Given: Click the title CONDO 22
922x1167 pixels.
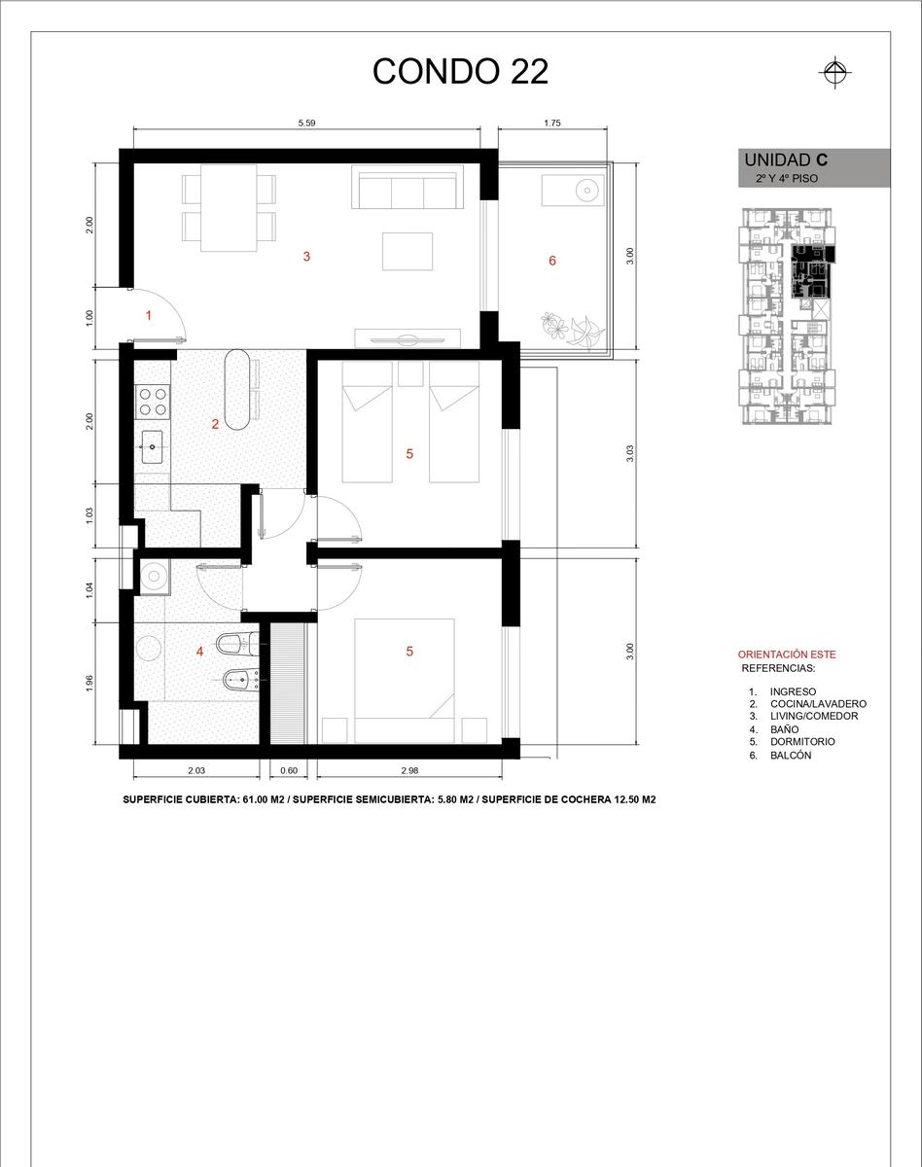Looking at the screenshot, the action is tap(460, 71).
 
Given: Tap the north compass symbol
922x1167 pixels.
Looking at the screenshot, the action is tap(835, 72).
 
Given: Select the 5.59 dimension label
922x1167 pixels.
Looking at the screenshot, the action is tap(306, 124).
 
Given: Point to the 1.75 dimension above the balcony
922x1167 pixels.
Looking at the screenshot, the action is tap(552, 124).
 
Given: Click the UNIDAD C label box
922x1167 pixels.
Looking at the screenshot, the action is tap(814, 168).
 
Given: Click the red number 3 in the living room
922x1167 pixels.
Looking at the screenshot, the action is tap(306, 257).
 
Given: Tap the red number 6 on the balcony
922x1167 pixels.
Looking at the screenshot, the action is tap(552, 261).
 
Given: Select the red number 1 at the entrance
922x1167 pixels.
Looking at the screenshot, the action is tap(149, 316).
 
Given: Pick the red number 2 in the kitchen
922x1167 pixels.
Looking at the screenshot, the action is tap(215, 424).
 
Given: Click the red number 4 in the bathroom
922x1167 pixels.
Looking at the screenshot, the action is tap(199, 652).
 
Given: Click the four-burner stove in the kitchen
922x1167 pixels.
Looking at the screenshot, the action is tap(153, 402).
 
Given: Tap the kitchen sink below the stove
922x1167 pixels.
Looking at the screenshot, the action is tap(152, 446).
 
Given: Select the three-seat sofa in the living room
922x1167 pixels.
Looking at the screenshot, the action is tap(408, 187).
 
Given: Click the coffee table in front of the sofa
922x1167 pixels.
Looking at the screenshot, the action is tap(408, 251).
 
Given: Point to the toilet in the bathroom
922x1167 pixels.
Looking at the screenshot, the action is tap(237, 645).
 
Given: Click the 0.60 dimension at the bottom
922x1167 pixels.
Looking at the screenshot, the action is tap(289, 770).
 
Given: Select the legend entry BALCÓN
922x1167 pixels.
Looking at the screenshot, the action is tap(791, 756).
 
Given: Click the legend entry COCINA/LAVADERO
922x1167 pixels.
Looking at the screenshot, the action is tap(818, 704).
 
